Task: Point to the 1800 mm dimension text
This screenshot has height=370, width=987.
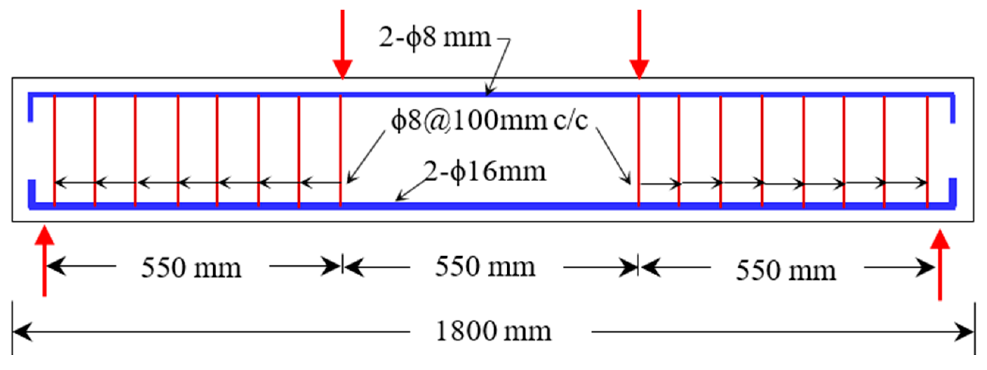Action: pos(493,332)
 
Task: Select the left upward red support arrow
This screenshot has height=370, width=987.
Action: pos(44,261)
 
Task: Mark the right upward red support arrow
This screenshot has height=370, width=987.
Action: pos(940,265)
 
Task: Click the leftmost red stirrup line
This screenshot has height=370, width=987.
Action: pos(55,149)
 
